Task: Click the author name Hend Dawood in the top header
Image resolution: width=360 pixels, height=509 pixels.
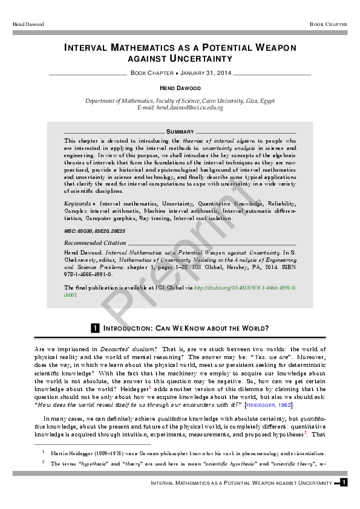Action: [28, 24]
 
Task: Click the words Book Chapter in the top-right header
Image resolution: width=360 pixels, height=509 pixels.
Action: [329, 24]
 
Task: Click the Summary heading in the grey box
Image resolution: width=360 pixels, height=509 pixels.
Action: [180, 131]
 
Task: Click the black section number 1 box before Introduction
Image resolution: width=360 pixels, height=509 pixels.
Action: [94, 328]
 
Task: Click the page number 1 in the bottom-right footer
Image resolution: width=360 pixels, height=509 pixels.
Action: [343, 482]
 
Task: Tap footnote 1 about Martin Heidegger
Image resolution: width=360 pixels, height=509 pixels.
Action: [182, 452]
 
